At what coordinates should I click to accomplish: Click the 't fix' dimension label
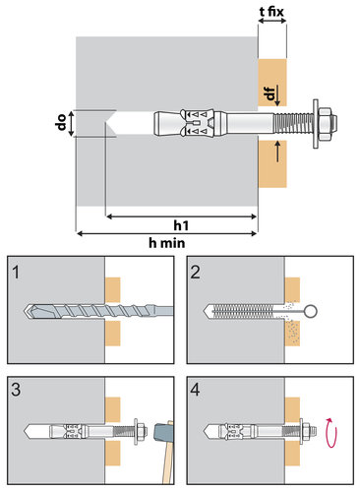(271, 12)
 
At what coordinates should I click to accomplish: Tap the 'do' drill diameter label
(62, 123)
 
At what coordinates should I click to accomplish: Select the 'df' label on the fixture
(270, 93)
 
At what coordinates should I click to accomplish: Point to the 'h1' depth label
(181, 225)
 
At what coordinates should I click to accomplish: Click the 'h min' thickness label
(167, 243)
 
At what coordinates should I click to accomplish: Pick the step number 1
(16, 273)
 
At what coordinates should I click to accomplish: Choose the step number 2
(195, 273)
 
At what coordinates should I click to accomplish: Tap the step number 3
(16, 390)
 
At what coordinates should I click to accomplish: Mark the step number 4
(195, 390)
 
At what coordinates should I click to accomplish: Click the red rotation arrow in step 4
(330, 433)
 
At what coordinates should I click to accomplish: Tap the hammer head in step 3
(163, 432)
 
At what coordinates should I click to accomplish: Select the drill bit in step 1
(98, 310)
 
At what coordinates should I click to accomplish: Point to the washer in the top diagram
(316, 124)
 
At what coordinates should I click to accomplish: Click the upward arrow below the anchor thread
(278, 151)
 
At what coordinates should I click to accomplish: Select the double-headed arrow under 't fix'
(272, 21)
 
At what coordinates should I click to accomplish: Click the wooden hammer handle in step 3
(167, 462)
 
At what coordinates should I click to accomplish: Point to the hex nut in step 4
(306, 431)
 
